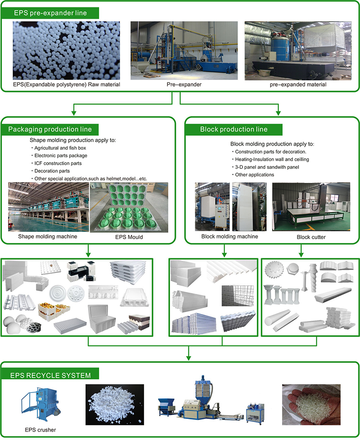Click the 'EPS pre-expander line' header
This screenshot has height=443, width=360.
tap(50, 13)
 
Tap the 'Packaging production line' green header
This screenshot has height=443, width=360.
tap(50, 129)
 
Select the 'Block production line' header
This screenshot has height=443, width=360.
tap(234, 129)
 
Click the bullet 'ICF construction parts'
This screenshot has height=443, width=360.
tap(58, 163)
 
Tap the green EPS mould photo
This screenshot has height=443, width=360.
tap(129, 207)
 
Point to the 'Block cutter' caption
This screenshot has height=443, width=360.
tap(311, 237)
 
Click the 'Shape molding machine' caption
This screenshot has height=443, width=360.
tap(48, 236)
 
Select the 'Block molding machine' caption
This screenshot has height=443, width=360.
tap(230, 236)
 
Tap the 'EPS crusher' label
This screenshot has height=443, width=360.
tap(39, 430)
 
